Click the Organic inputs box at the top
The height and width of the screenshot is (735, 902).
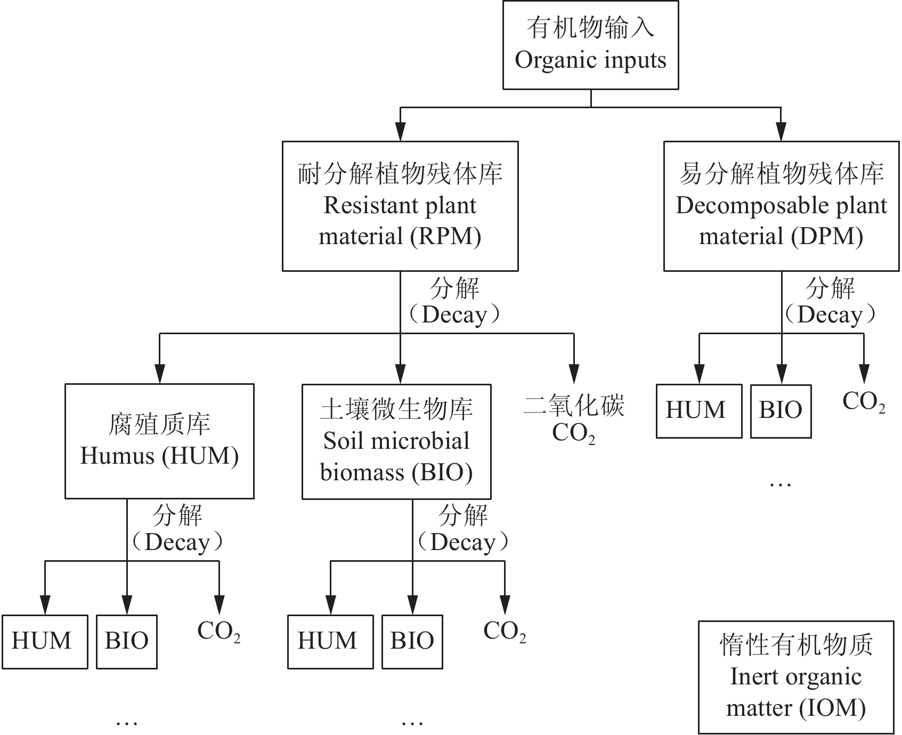590,45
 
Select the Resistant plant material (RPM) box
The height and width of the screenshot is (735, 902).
400,206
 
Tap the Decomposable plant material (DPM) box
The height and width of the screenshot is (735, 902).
781,206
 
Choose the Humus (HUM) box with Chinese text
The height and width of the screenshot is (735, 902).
159,441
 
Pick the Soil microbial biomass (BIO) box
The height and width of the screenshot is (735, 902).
396,441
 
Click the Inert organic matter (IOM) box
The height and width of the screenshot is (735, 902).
796,677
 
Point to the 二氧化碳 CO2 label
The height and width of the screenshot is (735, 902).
573,420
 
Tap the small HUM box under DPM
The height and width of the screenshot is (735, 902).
698,411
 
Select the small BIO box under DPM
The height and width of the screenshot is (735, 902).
781,411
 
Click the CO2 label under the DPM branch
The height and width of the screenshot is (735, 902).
863,402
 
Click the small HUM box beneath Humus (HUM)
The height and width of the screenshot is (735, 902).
44,641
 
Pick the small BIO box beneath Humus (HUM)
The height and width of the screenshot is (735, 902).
126,641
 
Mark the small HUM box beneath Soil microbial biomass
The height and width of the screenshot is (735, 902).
330,641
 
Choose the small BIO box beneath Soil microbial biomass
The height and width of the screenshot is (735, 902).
412,641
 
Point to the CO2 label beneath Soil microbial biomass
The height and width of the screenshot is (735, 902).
504,632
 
